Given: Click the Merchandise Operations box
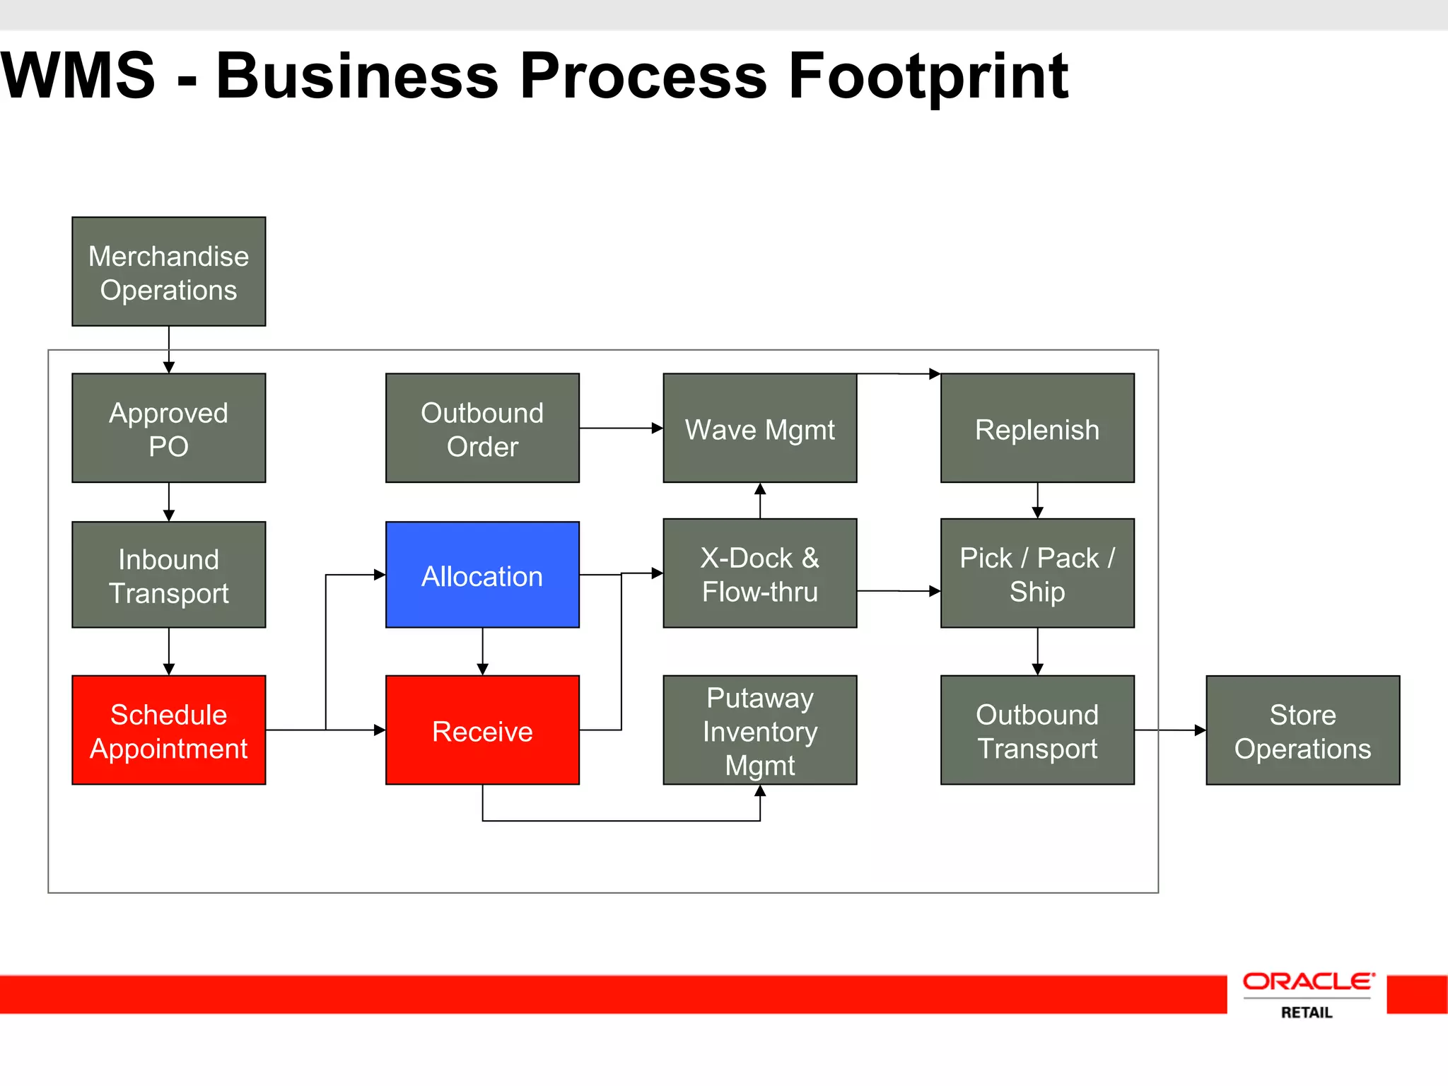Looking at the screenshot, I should (x=168, y=271).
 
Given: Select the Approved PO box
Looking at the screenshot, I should (x=168, y=428).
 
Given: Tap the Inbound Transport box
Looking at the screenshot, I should (x=168, y=575).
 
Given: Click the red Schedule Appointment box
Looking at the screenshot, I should (x=168, y=730).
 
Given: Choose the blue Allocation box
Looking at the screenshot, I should (x=482, y=575).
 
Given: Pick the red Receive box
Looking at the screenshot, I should (x=482, y=730).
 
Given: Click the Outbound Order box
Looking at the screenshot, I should (x=482, y=428).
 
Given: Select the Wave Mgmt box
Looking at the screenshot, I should (x=759, y=428).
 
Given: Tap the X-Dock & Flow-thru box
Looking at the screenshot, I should (x=759, y=573).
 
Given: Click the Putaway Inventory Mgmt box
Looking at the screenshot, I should (x=759, y=730).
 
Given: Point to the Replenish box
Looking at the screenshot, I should (x=1037, y=428).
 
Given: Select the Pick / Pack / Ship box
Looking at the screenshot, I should (x=1037, y=573).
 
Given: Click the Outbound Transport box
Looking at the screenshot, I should (x=1037, y=730).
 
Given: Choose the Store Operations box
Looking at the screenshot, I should (x=1302, y=730).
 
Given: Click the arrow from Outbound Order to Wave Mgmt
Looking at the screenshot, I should (x=621, y=428).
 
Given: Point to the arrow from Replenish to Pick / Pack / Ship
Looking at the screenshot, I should (x=1037, y=501).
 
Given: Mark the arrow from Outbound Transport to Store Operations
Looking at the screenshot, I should (x=1170, y=730).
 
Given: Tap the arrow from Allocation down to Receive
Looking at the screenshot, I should (x=482, y=651).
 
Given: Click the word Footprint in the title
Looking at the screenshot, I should (x=928, y=76).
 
